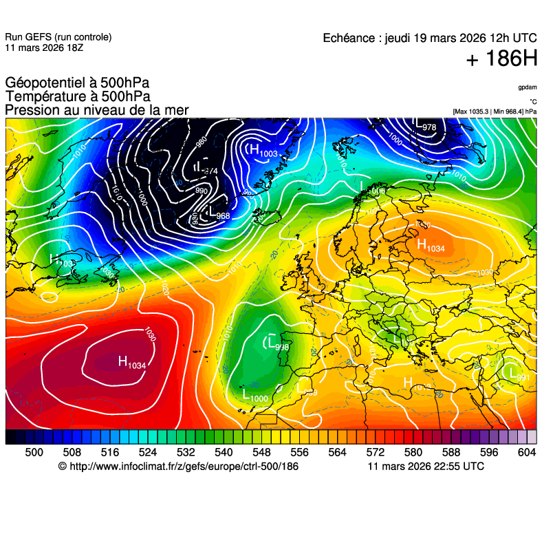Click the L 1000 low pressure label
(x=255, y=396)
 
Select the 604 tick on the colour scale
(x=526, y=452)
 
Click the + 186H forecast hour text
(x=501, y=59)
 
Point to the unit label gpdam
(x=528, y=87)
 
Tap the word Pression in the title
(x=29, y=110)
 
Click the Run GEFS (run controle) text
(x=58, y=37)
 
